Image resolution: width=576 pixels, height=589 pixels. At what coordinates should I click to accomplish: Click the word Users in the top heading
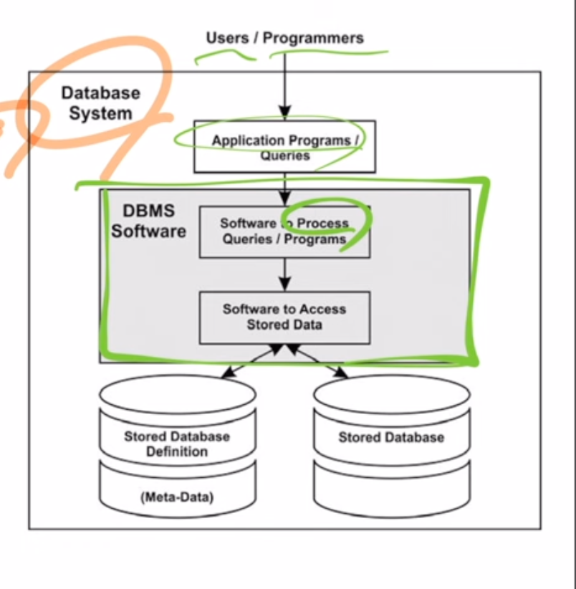(227, 38)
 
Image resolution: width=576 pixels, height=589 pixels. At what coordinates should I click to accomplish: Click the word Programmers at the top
(313, 38)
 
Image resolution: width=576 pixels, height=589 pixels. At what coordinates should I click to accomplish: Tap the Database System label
(100, 103)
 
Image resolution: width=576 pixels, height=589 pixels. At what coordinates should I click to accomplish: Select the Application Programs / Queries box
(284, 147)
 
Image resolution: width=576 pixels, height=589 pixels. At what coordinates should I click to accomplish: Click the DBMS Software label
(148, 221)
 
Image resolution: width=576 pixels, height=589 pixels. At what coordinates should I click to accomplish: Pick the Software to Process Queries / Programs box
(284, 231)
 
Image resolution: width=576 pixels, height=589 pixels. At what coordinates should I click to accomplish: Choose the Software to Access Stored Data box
(284, 317)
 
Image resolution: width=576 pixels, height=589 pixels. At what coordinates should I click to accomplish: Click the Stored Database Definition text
(177, 444)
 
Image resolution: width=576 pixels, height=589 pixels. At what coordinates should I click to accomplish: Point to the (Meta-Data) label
(177, 496)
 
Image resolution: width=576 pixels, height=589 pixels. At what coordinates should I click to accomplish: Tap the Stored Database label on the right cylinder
(391, 437)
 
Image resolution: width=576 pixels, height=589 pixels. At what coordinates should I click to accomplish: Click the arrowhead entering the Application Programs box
(285, 112)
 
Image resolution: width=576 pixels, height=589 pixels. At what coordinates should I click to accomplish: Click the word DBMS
(148, 212)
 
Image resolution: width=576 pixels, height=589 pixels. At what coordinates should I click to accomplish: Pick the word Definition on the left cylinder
(177, 452)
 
